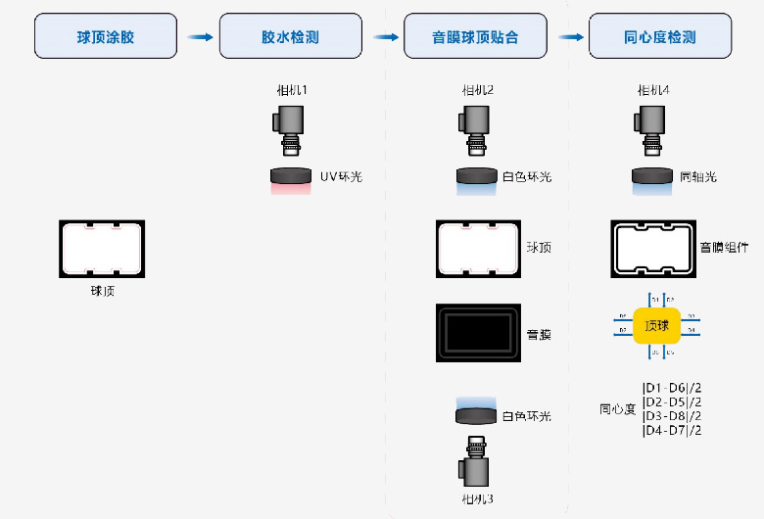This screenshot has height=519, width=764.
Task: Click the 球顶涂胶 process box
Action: [x=106, y=37]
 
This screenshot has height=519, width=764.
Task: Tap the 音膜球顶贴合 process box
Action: [x=475, y=37]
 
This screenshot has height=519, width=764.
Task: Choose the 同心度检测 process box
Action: [x=659, y=37]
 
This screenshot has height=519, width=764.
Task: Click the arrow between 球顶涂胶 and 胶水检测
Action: [x=200, y=37]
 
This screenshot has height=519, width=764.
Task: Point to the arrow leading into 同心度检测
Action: [x=570, y=37]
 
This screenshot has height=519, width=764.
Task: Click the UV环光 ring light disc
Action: [x=292, y=177]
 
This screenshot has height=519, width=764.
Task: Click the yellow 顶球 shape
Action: [x=657, y=324]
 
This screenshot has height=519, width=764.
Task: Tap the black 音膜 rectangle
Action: [x=478, y=333]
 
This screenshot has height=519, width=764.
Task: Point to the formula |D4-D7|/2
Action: [x=672, y=430]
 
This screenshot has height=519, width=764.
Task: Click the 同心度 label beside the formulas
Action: [x=617, y=409]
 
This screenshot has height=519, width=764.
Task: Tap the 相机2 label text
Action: [x=477, y=90]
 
